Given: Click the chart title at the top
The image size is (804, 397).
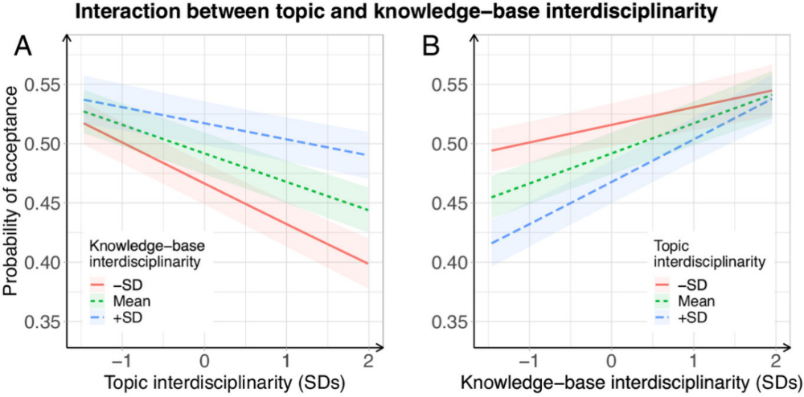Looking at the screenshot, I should (402, 13).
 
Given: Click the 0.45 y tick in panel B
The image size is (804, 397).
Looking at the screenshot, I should (452, 203).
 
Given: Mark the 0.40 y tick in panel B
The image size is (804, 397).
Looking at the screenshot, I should (452, 263).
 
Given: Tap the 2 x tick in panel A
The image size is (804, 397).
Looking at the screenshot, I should (368, 359).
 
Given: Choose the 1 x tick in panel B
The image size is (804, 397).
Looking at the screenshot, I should (694, 359).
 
